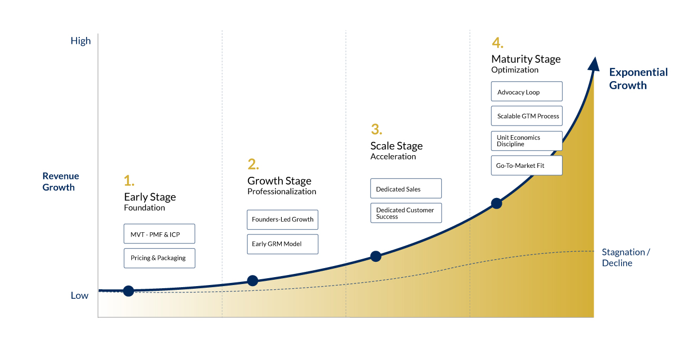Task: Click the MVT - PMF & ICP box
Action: click(159, 234)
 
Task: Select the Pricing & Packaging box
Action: click(159, 258)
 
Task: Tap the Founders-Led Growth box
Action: click(282, 220)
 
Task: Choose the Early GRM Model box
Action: click(282, 244)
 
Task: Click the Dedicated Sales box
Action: click(406, 188)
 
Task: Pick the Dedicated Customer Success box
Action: click(406, 213)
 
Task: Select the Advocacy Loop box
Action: click(527, 91)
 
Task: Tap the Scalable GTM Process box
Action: click(527, 116)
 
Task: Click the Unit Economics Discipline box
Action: click(527, 141)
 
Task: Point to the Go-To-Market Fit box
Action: click(527, 165)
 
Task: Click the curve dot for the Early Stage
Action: click(129, 291)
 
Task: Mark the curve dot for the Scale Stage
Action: click(376, 256)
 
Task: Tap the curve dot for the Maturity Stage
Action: click(497, 203)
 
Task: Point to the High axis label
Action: click(81, 41)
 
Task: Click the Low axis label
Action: click(79, 296)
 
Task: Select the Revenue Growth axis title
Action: click(60, 182)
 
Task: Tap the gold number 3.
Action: click(376, 129)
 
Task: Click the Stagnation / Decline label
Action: click(626, 258)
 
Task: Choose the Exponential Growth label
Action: click(638, 79)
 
